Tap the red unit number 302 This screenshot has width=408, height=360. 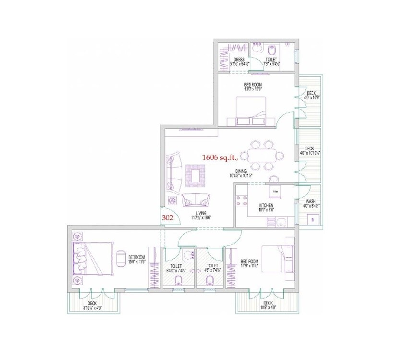click(x=168, y=217)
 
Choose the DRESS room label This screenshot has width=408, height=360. click(x=236, y=60)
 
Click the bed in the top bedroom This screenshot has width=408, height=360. click(x=251, y=110)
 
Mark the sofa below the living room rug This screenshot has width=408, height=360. click(x=195, y=199)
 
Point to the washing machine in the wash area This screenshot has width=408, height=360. click(x=312, y=218)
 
